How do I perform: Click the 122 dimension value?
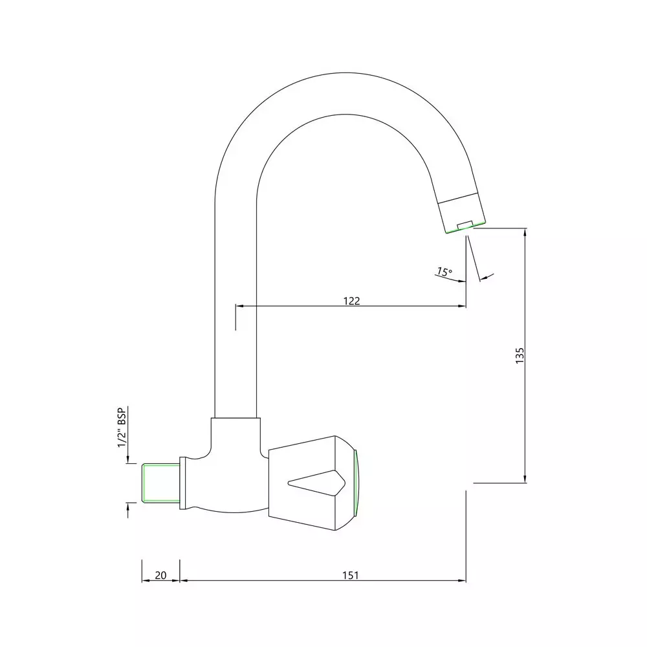(x=351, y=300)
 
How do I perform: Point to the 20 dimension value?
(x=161, y=575)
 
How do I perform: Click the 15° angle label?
(x=444, y=272)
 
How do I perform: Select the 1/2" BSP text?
(x=121, y=428)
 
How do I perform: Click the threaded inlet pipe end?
(x=159, y=483)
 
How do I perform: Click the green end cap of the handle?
(x=356, y=483)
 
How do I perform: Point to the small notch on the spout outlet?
(x=463, y=226)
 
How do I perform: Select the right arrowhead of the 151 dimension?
(x=462, y=580)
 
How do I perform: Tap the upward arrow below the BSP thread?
(x=128, y=508)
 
